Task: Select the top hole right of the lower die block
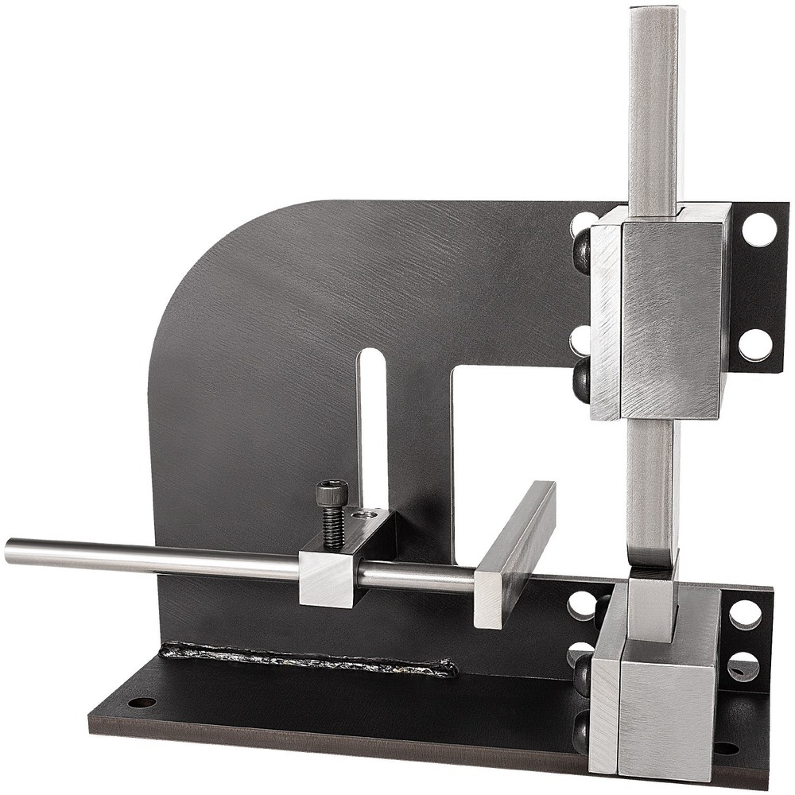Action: coord(745,614)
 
